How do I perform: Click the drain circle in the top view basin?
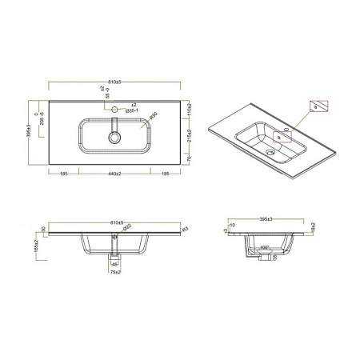(x=115, y=138)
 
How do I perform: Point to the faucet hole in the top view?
(x=115, y=108)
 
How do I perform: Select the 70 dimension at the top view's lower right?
(x=188, y=160)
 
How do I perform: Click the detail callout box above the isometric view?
(x=318, y=106)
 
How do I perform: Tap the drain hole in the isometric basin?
(x=278, y=137)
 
